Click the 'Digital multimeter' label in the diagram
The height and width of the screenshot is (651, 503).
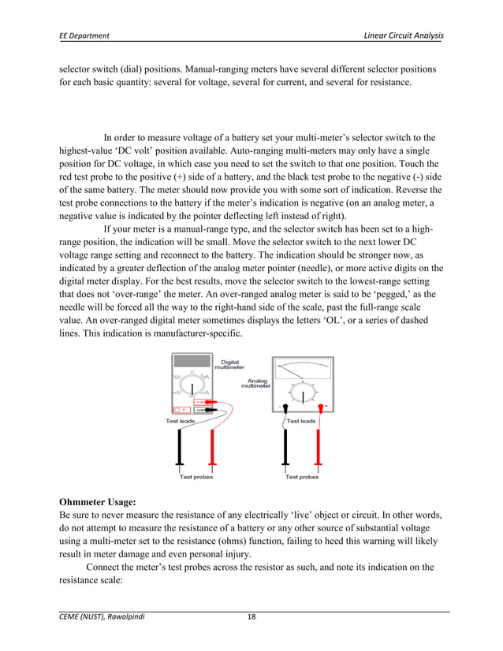point(229,363)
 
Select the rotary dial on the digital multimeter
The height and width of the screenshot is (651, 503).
point(192,387)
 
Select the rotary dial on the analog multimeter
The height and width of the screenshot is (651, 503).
point(302,392)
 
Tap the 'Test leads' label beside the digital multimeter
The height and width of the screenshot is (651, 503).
point(180,421)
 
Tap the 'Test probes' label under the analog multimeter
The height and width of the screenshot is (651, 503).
point(302,477)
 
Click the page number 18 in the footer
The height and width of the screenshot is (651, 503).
point(251,617)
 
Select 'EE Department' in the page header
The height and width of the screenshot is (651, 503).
point(85,36)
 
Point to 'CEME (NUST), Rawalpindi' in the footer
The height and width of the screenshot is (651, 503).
point(102,617)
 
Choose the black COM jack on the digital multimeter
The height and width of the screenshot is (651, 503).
point(200,410)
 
